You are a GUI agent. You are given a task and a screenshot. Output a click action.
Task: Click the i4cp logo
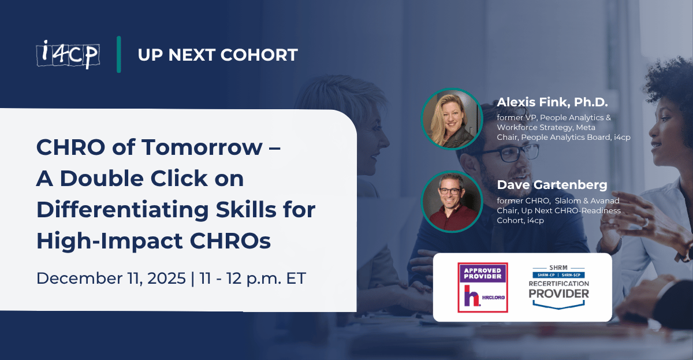pos(67,55)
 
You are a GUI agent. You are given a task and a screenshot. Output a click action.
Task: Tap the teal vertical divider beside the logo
pos(118,55)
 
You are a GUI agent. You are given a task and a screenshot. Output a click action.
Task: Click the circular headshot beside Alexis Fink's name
pos(452,119)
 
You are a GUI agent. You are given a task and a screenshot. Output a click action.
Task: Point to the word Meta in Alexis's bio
pos(584,127)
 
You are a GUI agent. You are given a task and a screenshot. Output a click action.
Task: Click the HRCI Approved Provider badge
pos(482,287)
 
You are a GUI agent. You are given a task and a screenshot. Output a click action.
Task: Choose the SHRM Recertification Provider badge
pos(560,287)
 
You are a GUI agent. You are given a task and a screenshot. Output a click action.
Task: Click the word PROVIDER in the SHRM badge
pos(560,294)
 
